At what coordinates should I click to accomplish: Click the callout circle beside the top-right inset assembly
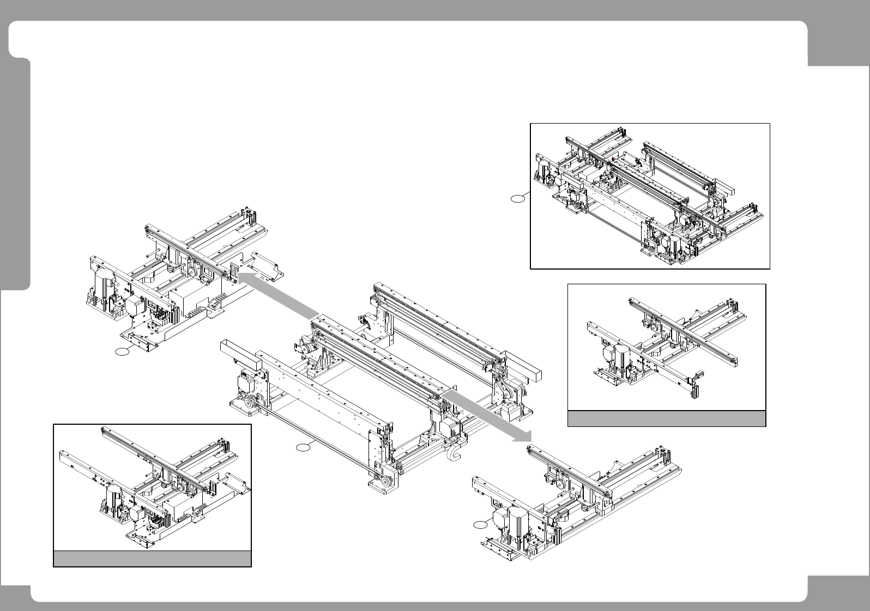[518, 200]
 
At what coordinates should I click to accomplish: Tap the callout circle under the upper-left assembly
[123, 352]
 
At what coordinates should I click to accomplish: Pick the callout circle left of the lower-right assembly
[479, 524]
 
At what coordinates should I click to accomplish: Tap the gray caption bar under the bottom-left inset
[152, 559]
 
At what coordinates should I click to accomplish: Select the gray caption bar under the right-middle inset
[667, 418]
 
